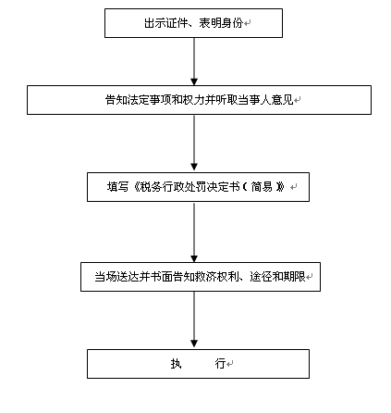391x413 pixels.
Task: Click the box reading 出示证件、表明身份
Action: pos(193,23)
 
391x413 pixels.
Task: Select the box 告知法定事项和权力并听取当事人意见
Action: pos(199,100)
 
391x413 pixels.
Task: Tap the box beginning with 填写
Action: pos(198,187)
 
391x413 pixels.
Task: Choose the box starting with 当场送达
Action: pos(201,277)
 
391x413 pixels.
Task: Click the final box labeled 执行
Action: pos(198,364)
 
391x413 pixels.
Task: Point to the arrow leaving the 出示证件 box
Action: pos(194,61)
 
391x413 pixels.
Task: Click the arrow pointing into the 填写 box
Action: pos(194,143)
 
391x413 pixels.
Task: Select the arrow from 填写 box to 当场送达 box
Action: pos(194,232)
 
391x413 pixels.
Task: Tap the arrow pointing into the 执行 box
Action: pos(194,319)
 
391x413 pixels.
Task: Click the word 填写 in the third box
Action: pos(117,187)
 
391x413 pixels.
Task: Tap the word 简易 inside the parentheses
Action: pos(262,187)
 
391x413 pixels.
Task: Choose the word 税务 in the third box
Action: pos(151,187)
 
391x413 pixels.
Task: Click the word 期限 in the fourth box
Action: pos(295,277)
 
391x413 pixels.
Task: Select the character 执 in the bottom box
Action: pos(176,364)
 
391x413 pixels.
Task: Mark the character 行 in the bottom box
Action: pos(220,364)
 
